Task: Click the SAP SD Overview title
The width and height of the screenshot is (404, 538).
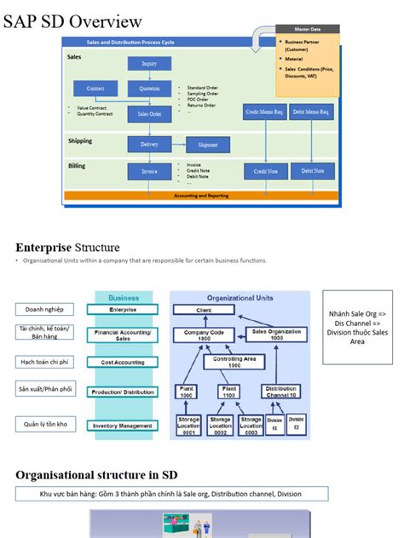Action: pos(72,20)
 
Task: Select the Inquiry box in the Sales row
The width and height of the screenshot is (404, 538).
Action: pos(149,63)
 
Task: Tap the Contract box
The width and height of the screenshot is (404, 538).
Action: pos(95,89)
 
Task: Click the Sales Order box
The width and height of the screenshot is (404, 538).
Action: pos(149,113)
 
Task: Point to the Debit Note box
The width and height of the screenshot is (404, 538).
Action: pos(312,171)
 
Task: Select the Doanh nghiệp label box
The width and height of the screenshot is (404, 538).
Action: pos(44,309)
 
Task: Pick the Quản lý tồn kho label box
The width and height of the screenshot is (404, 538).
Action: pos(44,423)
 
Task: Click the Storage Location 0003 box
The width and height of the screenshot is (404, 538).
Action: pos(251,425)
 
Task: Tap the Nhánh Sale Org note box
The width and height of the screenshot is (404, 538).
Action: pos(357,328)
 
